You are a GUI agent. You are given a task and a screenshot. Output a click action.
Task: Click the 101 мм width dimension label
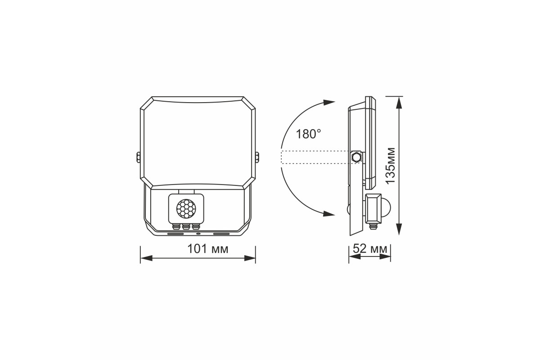coord(207,249)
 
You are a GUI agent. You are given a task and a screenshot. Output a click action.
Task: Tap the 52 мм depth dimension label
coord(370,248)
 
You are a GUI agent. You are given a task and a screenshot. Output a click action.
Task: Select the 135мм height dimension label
coord(390,166)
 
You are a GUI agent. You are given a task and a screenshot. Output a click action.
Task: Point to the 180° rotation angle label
coord(308,134)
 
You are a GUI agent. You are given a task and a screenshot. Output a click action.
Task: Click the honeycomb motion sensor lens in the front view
coord(186,207)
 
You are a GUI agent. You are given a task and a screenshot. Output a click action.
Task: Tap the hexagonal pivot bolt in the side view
coord(356,157)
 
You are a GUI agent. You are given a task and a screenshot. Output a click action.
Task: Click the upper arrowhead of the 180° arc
coord(329,102)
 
